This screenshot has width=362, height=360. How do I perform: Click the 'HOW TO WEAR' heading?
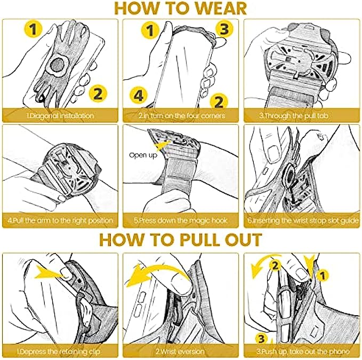pyautogui.click(x=181, y=9)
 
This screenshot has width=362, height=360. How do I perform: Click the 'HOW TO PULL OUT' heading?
pyautogui.click(x=181, y=240)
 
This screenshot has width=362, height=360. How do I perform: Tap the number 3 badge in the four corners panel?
pyautogui.click(x=224, y=29)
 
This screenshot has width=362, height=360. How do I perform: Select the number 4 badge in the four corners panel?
pyautogui.click(x=139, y=95)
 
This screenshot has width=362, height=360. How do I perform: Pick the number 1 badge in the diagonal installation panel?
pyautogui.click(x=34, y=29)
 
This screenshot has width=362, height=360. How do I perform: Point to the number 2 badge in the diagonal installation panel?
pyautogui.click(x=98, y=94)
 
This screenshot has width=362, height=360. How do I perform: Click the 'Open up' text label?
pyautogui.click(x=143, y=155)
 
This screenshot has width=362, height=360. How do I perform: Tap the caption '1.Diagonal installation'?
pyautogui.click(x=60, y=116)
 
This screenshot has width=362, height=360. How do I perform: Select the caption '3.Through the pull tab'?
pyautogui.click(x=294, y=116)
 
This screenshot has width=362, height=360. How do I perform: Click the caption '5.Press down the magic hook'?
pyautogui.click(x=181, y=220)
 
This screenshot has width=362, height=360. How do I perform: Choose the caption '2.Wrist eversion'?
pyautogui.click(x=180, y=351)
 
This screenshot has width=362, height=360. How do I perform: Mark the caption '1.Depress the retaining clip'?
pyautogui.click(x=59, y=351)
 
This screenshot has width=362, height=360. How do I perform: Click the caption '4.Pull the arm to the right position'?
pyautogui.click(x=60, y=220)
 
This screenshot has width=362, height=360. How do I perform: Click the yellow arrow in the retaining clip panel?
pyautogui.click(x=50, y=273)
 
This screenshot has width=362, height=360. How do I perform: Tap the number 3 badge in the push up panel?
pyautogui.click(x=261, y=339)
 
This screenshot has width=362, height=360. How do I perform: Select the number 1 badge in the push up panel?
pyautogui.click(x=323, y=275)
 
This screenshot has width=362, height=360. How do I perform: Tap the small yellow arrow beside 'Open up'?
pyautogui.click(x=162, y=145)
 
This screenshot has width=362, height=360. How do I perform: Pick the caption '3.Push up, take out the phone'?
pyautogui.click(x=302, y=351)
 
